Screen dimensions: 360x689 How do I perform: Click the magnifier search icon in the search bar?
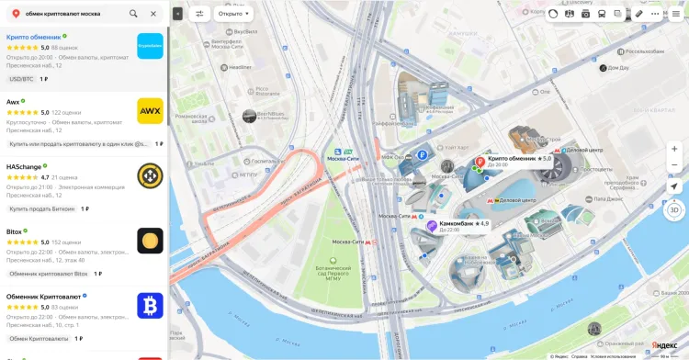pyautogui.click(x=133, y=14)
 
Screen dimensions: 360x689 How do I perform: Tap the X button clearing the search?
pyautogui.click(x=153, y=14)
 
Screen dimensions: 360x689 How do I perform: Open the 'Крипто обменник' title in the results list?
pyautogui.click(x=33, y=37)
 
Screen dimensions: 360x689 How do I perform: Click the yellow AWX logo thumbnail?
pyautogui.click(x=150, y=111)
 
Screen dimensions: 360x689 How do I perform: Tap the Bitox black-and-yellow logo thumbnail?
pyautogui.click(x=150, y=241)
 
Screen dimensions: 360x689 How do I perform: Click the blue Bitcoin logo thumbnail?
pyautogui.click(x=150, y=306)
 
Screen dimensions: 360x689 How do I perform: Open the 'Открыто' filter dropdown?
pyautogui.click(x=234, y=14)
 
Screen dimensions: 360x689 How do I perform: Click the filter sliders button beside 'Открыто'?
pyautogui.click(x=200, y=14)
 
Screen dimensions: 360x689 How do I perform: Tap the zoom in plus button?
pyautogui.click(x=674, y=149)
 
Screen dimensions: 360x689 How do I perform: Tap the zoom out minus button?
pyautogui.click(x=674, y=165)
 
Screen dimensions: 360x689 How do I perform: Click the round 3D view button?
pyautogui.click(x=674, y=209)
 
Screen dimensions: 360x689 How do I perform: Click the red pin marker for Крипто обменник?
pyautogui.click(x=479, y=162)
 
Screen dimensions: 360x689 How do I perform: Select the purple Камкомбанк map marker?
pyautogui.click(x=432, y=225)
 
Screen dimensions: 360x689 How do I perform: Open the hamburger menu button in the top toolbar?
pyautogui.click(x=675, y=14)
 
